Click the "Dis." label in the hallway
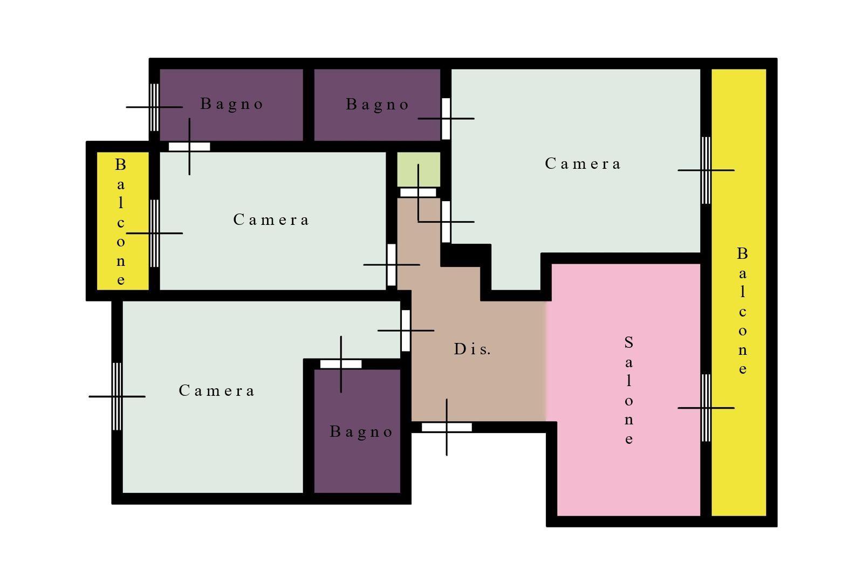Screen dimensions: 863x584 pos(472,349)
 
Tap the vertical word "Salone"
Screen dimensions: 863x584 pos(629,390)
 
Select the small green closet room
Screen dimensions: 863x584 pos(419,169)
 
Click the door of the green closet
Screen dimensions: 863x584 pos(418,192)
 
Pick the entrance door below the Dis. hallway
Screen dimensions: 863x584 pos(447,427)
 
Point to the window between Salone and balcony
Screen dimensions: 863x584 pos(706,408)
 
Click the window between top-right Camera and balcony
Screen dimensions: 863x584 pos(706,170)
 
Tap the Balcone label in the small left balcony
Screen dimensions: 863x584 pos(121,222)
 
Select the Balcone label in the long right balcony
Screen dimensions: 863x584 pos(742,311)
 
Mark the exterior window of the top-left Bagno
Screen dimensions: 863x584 pos(154,107)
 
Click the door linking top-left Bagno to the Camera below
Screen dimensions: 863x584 pos(189,147)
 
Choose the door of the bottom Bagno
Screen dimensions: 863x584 pos(341,364)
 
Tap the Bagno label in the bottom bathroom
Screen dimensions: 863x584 pos(361,432)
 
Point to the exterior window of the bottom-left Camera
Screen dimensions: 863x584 pos(117,396)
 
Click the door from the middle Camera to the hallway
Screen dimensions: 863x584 pos(392,265)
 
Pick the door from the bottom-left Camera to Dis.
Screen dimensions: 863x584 pos(406,331)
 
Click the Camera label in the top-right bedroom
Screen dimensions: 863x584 pos(583,164)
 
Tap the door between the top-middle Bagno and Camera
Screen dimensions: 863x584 pos(446,119)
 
